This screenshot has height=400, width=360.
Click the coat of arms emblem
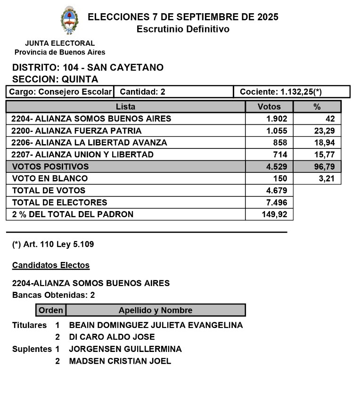tap(69, 21)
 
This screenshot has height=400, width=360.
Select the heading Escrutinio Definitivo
tap(183, 29)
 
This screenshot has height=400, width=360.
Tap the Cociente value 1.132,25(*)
tap(281, 92)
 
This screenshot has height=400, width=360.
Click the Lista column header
tap(125, 107)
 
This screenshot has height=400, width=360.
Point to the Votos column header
tap(269, 107)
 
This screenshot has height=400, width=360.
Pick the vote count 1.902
tap(277, 119)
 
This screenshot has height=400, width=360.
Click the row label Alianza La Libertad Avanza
tap(90, 143)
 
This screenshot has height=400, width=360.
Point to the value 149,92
tap(274, 214)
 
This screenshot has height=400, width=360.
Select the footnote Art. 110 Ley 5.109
tap(49, 245)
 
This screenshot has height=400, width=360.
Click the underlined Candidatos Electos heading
tap(51, 265)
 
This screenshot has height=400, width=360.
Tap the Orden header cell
tap(51, 310)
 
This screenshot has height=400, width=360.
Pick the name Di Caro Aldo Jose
tap(112, 337)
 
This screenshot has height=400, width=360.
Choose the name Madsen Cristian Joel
tap(120, 361)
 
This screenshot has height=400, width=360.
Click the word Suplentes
tap(32, 350)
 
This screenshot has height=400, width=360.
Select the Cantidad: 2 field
tap(142, 92)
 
